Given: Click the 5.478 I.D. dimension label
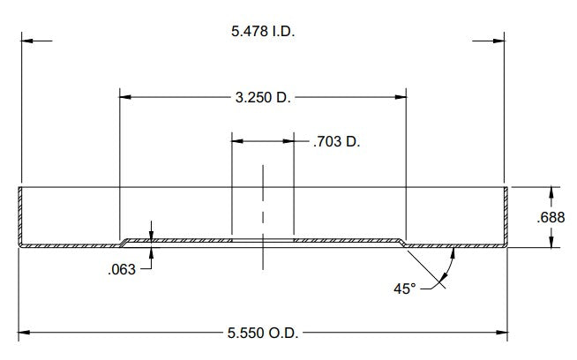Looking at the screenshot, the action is coord(263,31).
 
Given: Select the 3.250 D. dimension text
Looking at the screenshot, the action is coord(263,98).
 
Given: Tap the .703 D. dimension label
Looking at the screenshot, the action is coord(336,141).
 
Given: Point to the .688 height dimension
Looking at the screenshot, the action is coord(551,217).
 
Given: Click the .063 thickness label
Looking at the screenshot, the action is coord(122,269).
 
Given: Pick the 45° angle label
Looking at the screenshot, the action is coord(404,289).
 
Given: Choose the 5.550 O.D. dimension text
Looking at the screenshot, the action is coord(263,333).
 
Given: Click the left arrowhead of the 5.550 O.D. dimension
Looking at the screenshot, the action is coord(24,333).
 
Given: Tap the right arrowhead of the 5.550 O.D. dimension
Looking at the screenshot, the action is coord(501,333).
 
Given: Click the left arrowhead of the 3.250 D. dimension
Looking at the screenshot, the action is coord(125,97).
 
